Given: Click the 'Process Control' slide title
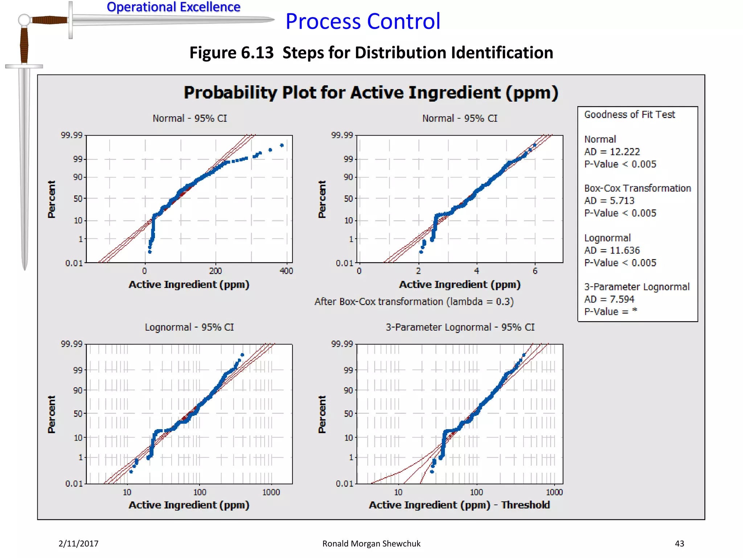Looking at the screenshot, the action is [363, 21].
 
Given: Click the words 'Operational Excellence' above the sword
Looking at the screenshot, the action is [173, 7].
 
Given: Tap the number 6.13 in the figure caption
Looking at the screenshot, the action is [257, 53].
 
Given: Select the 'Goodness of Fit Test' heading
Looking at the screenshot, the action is [629, 115].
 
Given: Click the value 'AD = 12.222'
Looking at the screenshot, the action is [612, 152].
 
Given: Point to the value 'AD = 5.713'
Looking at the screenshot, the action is [609, 201].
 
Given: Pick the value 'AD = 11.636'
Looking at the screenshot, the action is [612, 251].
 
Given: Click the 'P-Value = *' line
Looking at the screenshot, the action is [611, 312].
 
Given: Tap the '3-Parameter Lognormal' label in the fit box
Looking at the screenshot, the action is [637, 287].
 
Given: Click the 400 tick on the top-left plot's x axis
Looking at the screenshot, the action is [286, 271].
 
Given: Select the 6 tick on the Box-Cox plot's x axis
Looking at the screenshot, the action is [535, 271].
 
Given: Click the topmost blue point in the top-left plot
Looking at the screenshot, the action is [282, 145].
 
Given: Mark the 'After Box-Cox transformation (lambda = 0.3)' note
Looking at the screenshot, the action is [414, 302].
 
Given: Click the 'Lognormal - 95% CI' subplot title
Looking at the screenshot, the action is [189, 327].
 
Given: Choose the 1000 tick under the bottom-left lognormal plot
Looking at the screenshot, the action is [271, 492].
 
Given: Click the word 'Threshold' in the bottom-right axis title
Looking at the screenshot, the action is [525, 505].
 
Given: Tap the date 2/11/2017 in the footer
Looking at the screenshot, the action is [78, 543].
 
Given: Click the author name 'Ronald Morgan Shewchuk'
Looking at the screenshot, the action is [371, 543].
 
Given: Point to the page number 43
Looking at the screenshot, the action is [679, 543].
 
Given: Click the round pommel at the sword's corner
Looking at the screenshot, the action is [24, 20].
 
